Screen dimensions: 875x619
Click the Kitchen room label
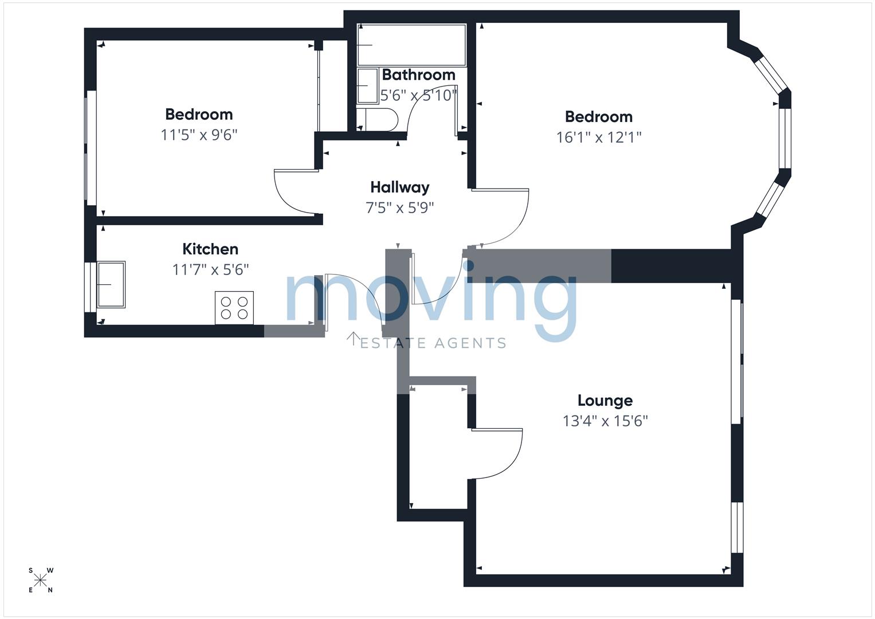click(x=210, y=249)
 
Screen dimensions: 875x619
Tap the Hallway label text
click(x=399, y=187)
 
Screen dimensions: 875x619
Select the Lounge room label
click(x=605, y=401)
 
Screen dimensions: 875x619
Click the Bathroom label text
click(x=418, y=75)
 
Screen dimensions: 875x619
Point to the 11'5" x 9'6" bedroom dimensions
click(x=199, y=135)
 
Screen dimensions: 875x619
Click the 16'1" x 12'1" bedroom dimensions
click(x=598, y=138)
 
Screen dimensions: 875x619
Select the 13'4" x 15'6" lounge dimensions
click(x=605, y=421)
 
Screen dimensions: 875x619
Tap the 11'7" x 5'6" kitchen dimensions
click(x=210, y=269)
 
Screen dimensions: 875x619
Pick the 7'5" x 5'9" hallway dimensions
click(x=399, y=208)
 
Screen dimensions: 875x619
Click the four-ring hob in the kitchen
click(x=234, y=308)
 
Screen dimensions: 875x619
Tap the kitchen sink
click(x=111, y=284)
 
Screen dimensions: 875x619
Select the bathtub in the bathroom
click(x=412, y=45)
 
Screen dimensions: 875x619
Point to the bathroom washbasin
click(x=367, y=85)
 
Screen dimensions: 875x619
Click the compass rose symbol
click(x=40, y=580)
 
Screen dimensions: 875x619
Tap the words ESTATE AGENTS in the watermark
click(x=433, y=343)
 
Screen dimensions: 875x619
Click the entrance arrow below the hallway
click(x=354, y=339)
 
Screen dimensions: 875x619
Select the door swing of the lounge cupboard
click(x=497, y=454)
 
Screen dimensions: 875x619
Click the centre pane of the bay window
click(x=785, y=138)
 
